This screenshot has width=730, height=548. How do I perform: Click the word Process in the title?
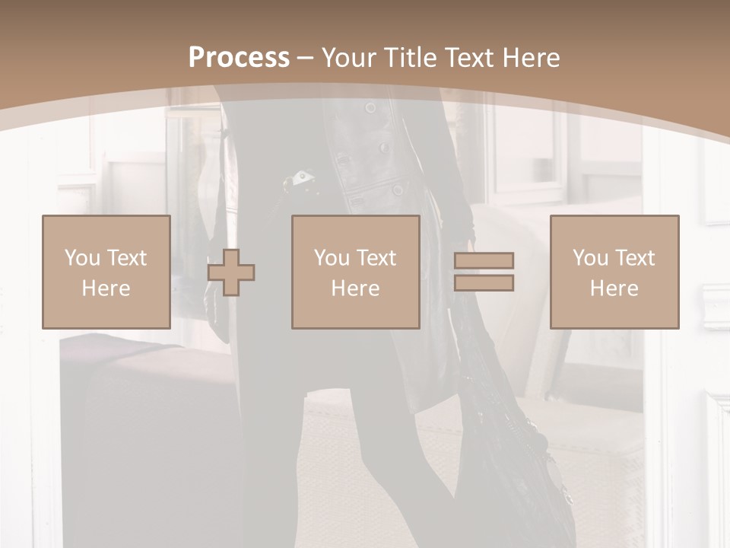click(239, 58)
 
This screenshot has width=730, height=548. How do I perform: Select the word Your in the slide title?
click(348, 58)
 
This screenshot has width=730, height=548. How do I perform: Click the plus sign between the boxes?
click(231, 272)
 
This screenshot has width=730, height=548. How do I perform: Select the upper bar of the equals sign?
click(484, 261)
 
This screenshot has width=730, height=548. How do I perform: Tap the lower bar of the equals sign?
click(484, 283)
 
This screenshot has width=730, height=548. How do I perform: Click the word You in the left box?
click(82, 258)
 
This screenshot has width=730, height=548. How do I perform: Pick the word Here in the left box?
click(106, 288)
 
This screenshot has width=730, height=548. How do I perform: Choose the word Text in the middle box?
click(376, 258)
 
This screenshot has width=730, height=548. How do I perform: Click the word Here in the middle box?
click(355, 288)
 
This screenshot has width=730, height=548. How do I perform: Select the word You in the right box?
click(590, 258)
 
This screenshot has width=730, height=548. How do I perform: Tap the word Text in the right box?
click(635, 258)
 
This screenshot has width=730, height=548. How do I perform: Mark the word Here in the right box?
click(614, 288)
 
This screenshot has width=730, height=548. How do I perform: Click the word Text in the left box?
click(127, 258)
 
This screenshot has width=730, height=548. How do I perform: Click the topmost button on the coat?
click(370, 108)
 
